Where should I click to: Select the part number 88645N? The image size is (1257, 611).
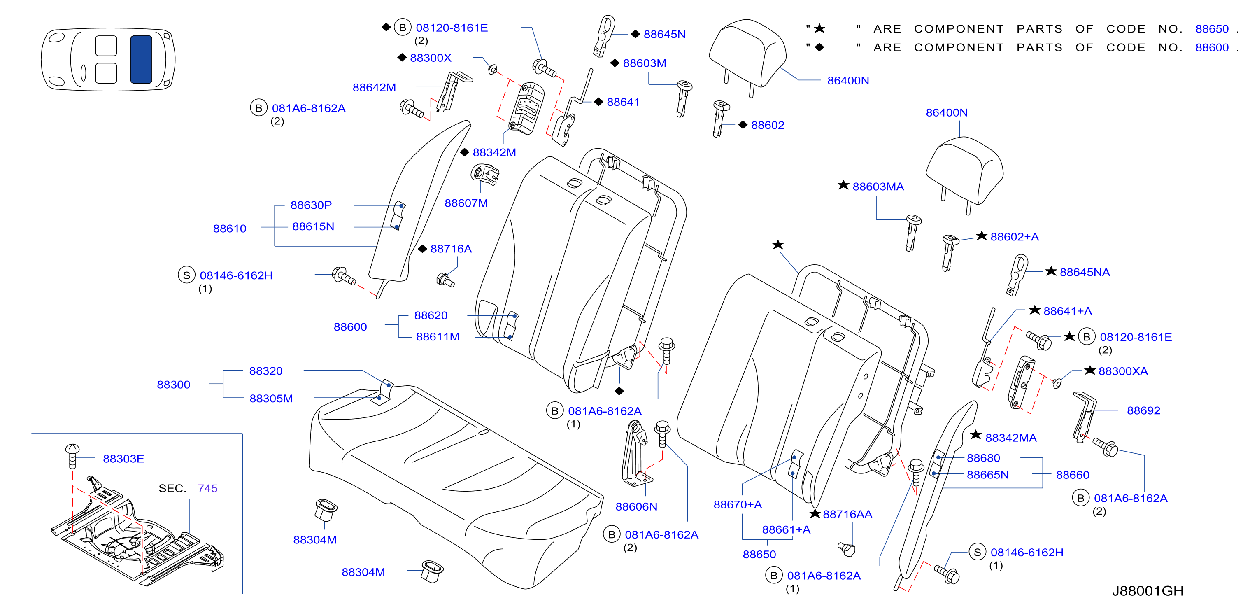(x=664, y=34)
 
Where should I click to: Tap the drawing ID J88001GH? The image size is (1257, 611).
(x=1147, y=591)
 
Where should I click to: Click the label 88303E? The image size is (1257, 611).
(x=123, y=459)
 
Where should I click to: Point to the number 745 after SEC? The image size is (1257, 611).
(x=207, y=488)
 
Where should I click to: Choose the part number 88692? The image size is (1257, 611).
(x=1143, y=410)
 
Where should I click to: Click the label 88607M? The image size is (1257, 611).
(x=466, y=203)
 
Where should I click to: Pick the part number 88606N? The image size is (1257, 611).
(x=636, y=506)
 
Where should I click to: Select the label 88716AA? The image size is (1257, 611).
(x=847, y=514)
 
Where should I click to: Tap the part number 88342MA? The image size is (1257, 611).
(x=1010, y=438)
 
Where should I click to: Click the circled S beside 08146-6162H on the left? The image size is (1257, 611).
(x=186, y=275)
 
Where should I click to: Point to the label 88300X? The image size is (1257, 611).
(x=431, y=58)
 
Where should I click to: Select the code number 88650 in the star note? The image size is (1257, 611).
(x=1212, y=29)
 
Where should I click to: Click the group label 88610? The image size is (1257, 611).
(x=229, y=229)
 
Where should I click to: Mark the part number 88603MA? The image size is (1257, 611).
(x=878, y=187)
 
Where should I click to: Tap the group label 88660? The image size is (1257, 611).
(x=1072, y=475)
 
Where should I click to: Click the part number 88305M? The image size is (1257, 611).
(x=271, y=398)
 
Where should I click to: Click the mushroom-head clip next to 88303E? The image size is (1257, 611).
(x=72, y=456)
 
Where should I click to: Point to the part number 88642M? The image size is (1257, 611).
(x=374, y=87)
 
